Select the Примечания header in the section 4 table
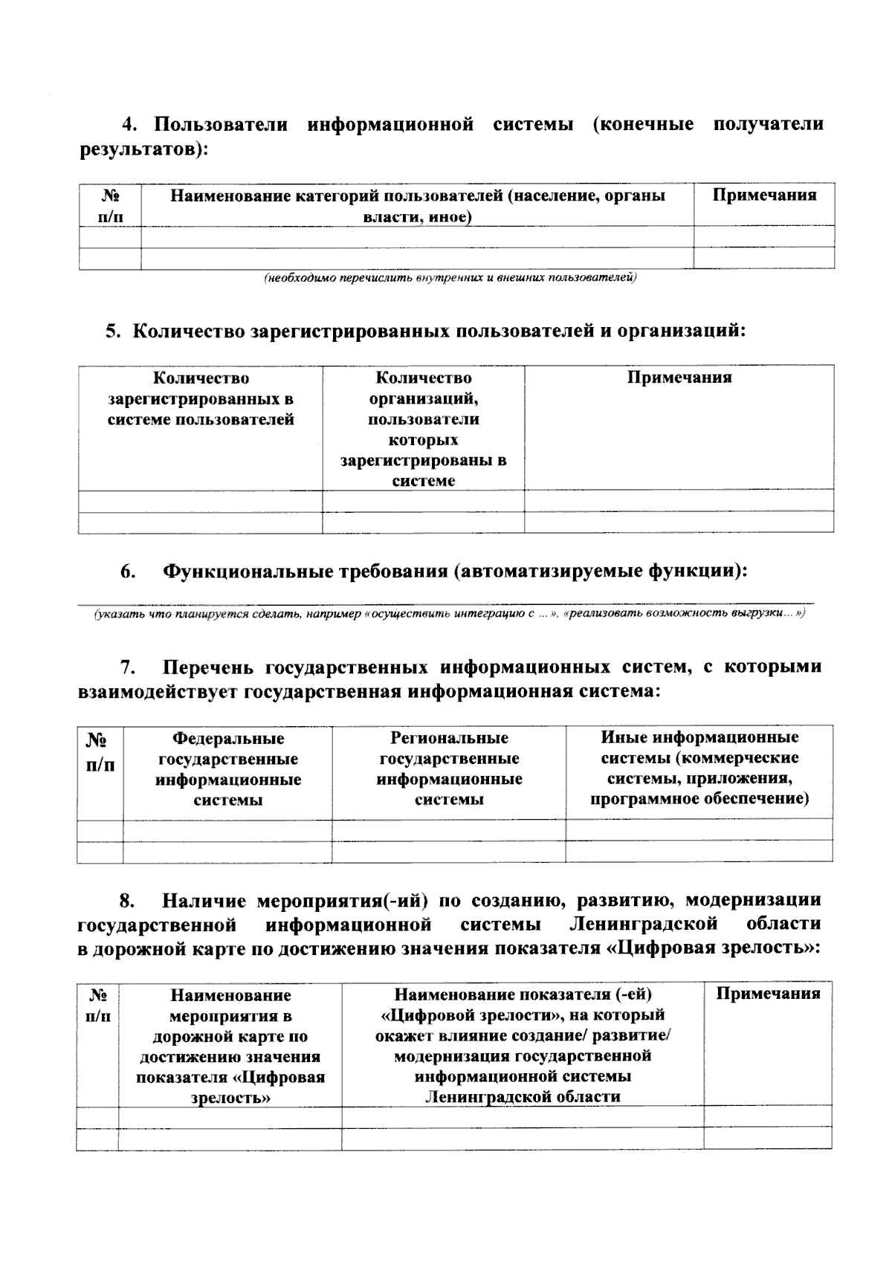point(764,195)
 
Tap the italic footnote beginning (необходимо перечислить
point(450,278)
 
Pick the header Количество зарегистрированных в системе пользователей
point(201,399)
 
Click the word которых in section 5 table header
point(424,440)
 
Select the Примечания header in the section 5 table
point(679,378)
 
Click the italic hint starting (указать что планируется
point(449,614)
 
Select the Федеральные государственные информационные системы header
point(228,769)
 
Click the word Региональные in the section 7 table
point(449,738)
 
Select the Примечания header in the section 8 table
point(768,994)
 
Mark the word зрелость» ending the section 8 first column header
point(230,1098)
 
